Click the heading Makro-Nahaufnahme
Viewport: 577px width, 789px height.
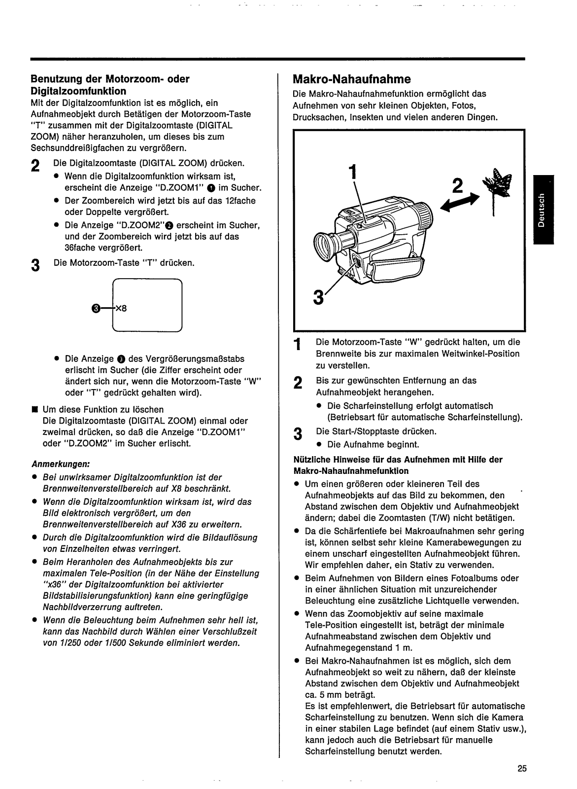(351, 79)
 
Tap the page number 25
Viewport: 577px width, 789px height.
(522, 768)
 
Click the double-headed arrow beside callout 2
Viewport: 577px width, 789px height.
(459, 202)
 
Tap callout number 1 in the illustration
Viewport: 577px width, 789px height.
(351, 172)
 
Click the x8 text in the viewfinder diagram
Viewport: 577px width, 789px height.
(121, 310)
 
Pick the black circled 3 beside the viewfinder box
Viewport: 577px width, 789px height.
(95, 309)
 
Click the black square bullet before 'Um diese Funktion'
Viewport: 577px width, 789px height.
(34, 410)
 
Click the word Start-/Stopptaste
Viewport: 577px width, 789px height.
(364, 431)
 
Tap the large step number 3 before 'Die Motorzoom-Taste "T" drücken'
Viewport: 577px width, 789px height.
(34, 265)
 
